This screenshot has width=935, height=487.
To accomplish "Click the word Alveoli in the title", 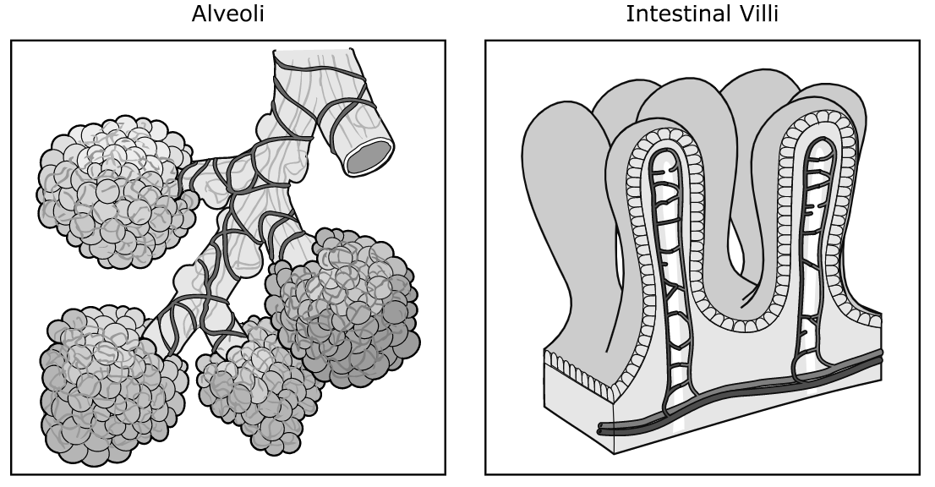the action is point(227,14).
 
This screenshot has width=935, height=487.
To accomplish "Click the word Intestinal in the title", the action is point(676,14).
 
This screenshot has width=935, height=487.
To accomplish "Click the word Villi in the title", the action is point(756,14).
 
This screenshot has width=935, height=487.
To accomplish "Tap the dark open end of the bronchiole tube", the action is point(370,156).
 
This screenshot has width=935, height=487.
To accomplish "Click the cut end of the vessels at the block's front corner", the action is point(604,429).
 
